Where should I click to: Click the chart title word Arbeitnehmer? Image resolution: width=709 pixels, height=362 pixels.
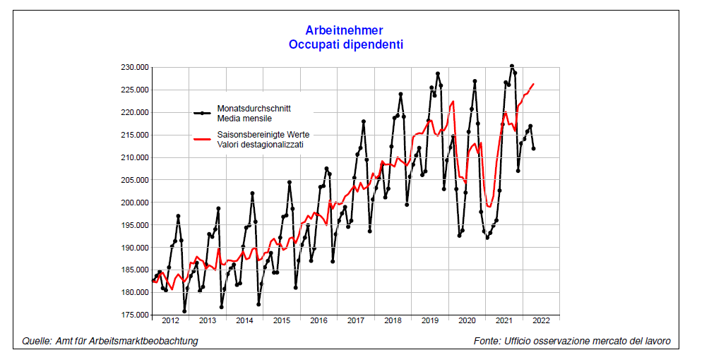click(345, 30)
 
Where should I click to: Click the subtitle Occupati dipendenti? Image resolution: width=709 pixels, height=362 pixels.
click(345, 44)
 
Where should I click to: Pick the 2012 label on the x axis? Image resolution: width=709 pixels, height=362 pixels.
click(170, 320)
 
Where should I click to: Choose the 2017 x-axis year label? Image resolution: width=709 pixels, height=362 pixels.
click(356, 320)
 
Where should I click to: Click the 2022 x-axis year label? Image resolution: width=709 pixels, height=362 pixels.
click(541, 320)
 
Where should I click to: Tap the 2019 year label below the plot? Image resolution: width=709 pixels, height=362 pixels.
click(430, 320)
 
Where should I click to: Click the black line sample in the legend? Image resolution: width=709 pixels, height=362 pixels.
click(202, 113)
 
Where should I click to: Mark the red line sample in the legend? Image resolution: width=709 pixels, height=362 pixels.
click(202, 139)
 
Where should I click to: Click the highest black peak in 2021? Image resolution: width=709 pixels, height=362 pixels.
click(512, 66)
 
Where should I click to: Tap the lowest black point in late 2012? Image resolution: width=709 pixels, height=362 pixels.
click(184, 311)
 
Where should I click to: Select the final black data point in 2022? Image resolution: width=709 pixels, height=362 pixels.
click(533, 149)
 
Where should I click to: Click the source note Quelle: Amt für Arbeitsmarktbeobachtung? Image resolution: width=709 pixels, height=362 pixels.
click(110, 342)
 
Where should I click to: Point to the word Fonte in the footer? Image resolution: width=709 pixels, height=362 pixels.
click(488, 342)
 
